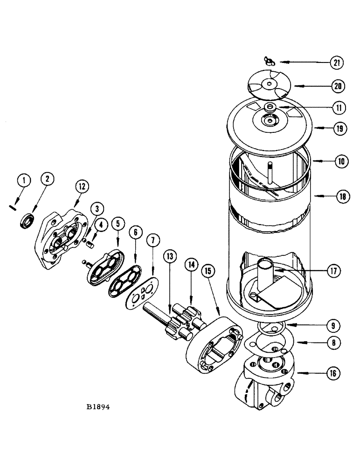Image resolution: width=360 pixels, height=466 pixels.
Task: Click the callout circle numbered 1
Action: coord(24,180)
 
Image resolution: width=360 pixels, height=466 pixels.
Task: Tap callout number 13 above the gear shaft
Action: coord(170,256)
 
